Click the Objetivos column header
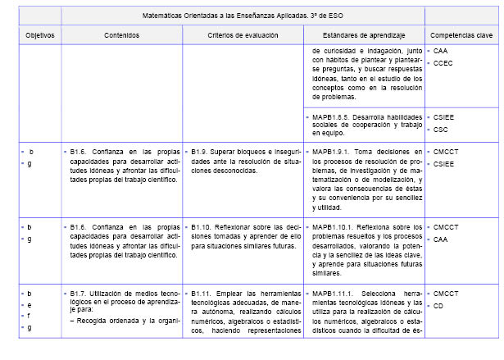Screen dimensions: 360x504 [39, 36]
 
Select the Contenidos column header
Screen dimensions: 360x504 [121, 36]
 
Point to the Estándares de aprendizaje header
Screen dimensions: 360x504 [364, 36]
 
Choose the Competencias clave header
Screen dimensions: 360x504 [461, 36]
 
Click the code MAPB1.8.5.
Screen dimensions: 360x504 [334, 117]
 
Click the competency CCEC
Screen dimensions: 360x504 [444, 62]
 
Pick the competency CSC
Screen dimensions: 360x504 [441, 129]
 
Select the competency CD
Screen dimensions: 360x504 [439, 306]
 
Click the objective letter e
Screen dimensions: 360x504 [30, 304]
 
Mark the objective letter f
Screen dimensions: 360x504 [30, 316]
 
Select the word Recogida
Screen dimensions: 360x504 [87, 320]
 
